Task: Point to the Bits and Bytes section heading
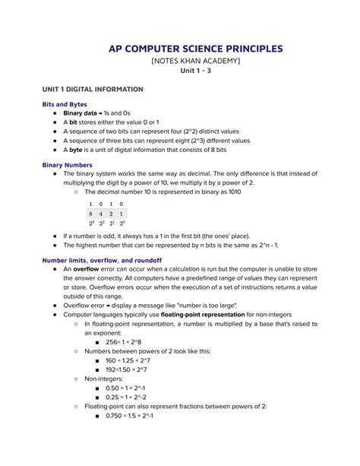click(x=65, y=104)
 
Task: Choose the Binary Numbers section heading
click(x=68, y=164)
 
